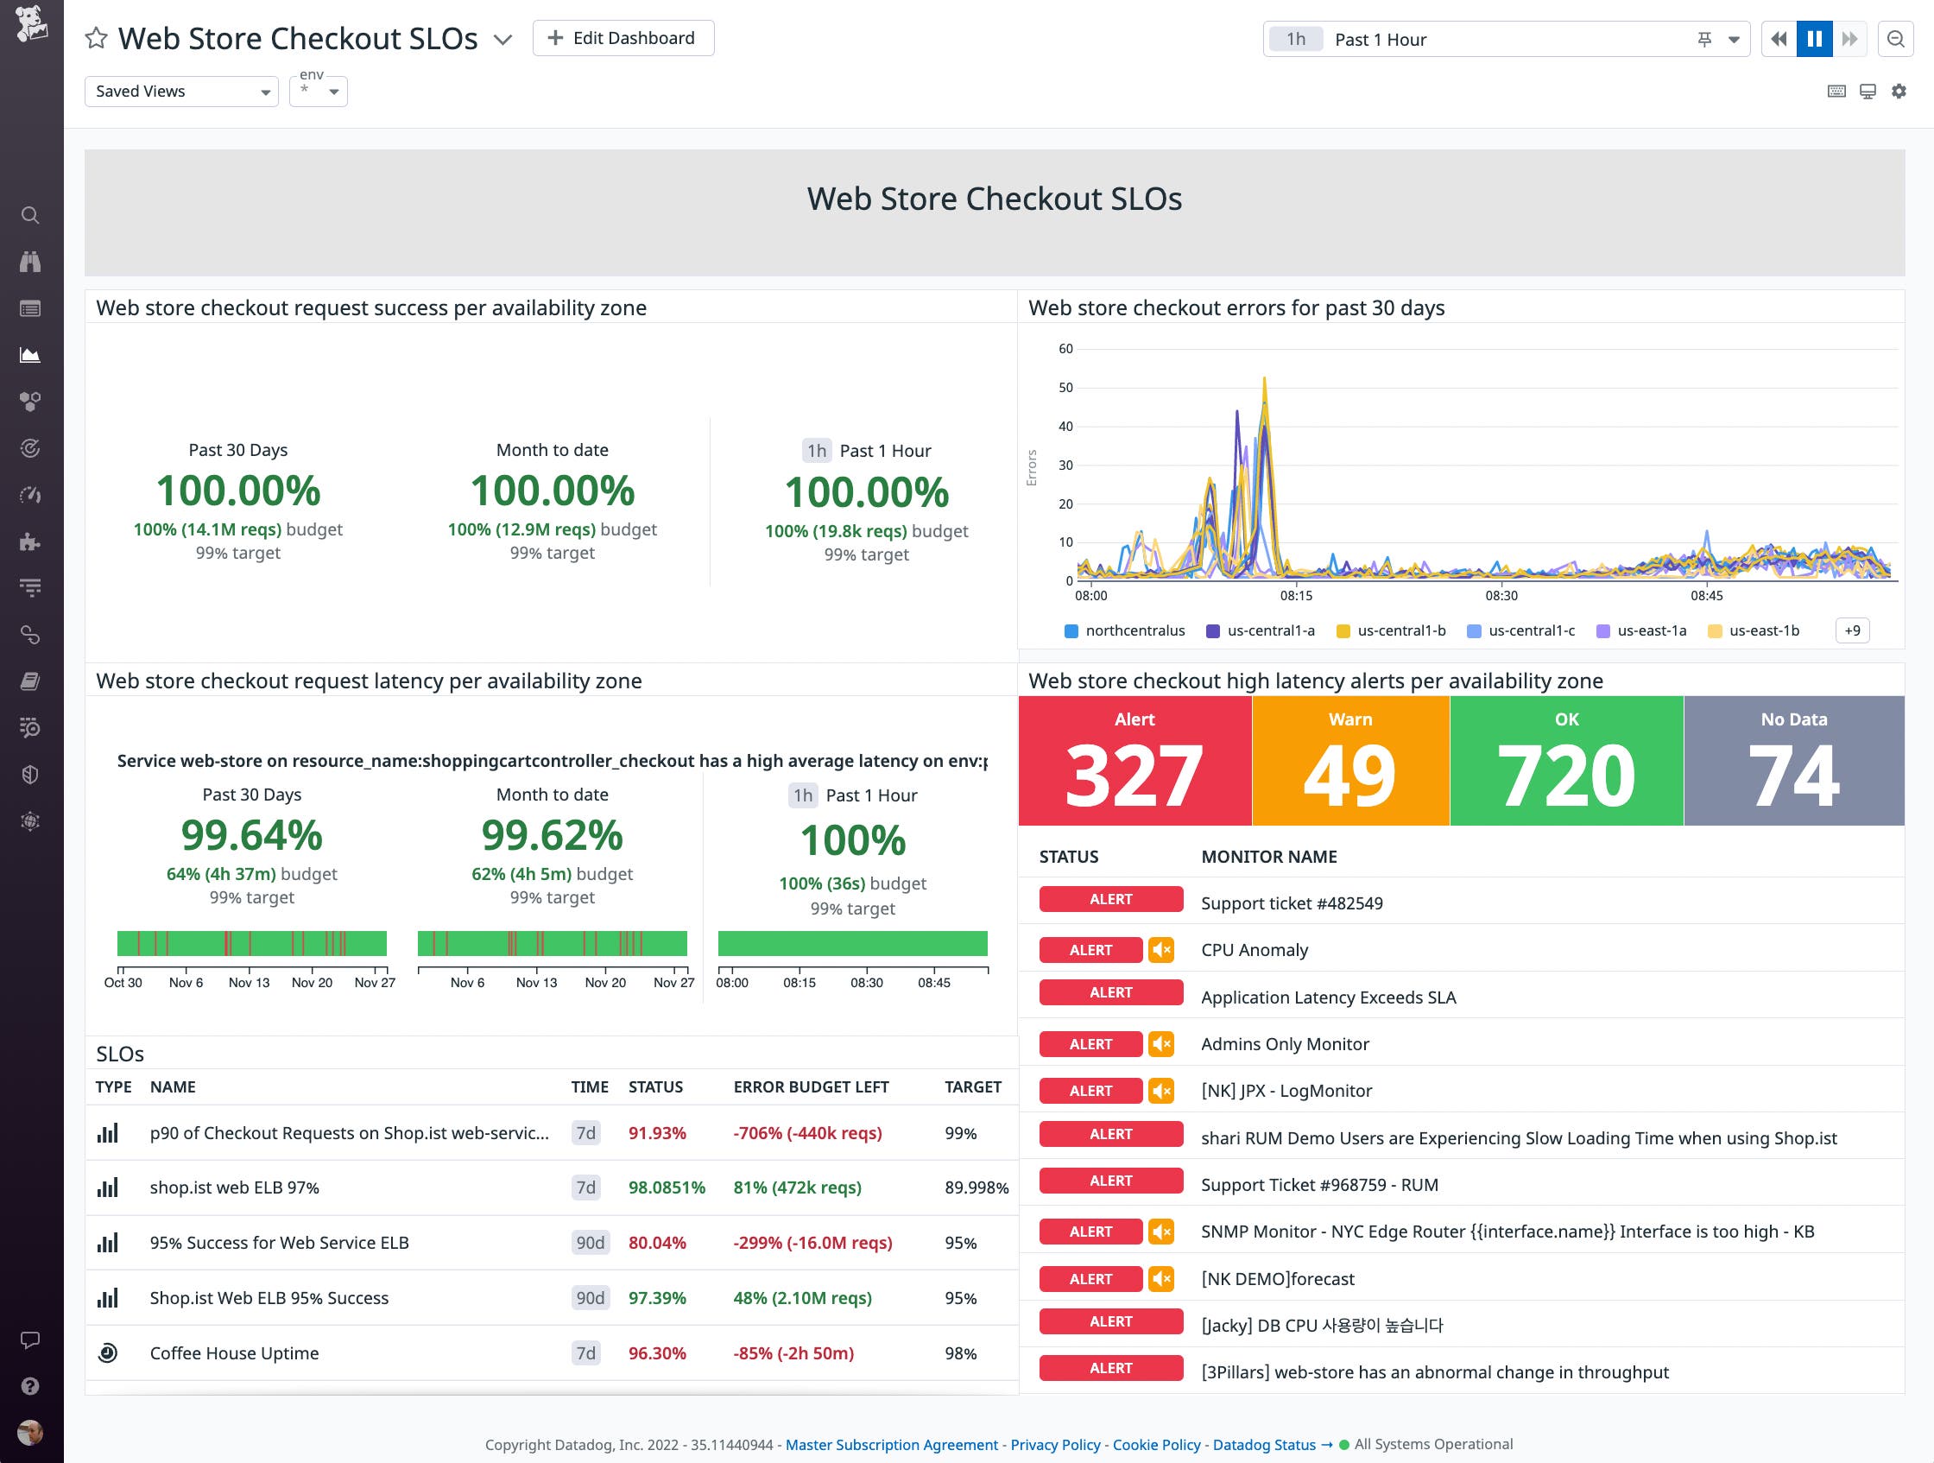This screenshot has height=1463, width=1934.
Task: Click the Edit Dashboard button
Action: (x=623, y=39)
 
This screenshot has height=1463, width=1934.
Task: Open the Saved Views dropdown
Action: (x=181, y=91)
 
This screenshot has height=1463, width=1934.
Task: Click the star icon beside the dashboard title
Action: (x=96, y=39)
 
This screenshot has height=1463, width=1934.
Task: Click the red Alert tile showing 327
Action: (x=1134, y=760)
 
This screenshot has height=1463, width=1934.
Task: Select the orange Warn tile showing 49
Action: (x=1350, y=760)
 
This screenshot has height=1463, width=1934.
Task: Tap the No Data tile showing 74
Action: (x=1793, y=760)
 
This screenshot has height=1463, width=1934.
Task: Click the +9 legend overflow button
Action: (x=1852, y=630)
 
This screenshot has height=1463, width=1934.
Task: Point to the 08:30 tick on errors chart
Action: (x=1501, y=596)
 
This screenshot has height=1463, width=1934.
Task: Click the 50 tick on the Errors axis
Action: (x=1065, y=388)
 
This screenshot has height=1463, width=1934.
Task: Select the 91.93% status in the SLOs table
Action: (x=657, y=1133)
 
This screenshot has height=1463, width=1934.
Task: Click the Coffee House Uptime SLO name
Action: (x=234, y=1352)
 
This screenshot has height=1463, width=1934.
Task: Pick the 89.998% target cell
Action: (x=976, y=1187)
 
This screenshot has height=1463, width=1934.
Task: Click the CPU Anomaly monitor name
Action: (x=1254, y=950)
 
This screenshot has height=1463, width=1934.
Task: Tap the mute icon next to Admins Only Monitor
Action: (x=1161, y=1044)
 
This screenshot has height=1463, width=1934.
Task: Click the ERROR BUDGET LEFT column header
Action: (x=811, y=1087)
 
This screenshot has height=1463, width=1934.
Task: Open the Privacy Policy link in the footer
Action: (x=1054, y=1445)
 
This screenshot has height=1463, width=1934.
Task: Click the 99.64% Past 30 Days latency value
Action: (x=252, y=835)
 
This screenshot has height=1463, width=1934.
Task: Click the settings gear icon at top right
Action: (x=1898, y=91)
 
